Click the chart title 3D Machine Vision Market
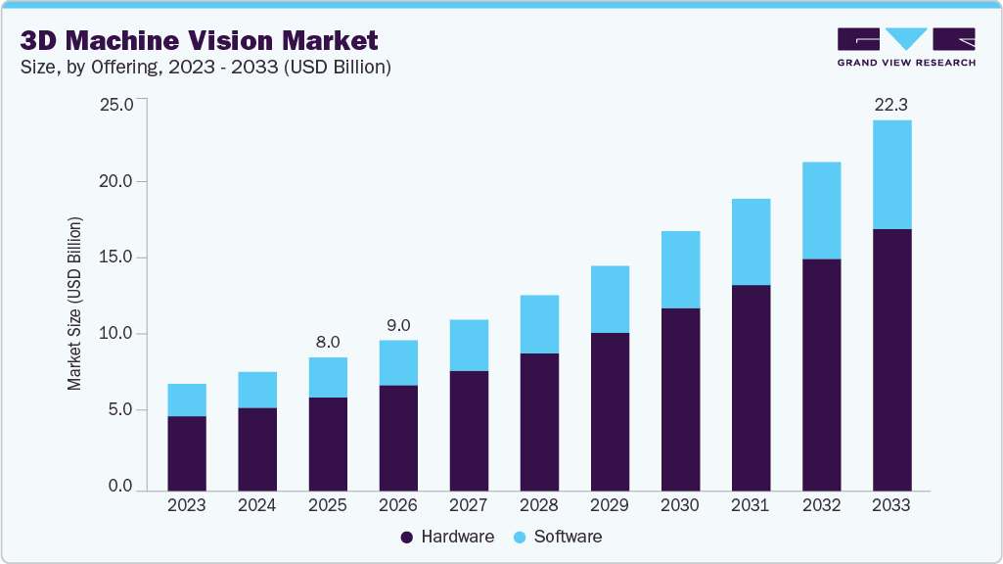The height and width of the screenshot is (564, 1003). [x=199, y=40]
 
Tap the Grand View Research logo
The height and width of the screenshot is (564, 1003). [x=906, y=47]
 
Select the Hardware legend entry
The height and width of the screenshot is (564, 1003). [x=447, y=537]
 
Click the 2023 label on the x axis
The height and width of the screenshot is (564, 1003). [x=187, y=505]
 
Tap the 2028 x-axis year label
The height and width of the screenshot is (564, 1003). [x=539, y=505]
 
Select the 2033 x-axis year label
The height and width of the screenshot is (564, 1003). [x=891, y=505]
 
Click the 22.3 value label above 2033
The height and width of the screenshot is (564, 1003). [x=891, y=104]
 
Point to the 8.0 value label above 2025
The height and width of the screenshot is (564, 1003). [x=328, y=342]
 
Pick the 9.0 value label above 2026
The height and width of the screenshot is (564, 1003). [x=398, y=325]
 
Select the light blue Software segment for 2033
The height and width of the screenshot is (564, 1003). [x=891, y=174]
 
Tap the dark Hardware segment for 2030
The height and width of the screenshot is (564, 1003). [x=680, y=399]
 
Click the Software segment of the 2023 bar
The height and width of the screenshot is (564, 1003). [x=187, y=399]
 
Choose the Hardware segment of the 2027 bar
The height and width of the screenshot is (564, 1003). [x=469, y=431]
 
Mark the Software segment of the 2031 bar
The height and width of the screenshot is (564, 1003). [x=751, y=242]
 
